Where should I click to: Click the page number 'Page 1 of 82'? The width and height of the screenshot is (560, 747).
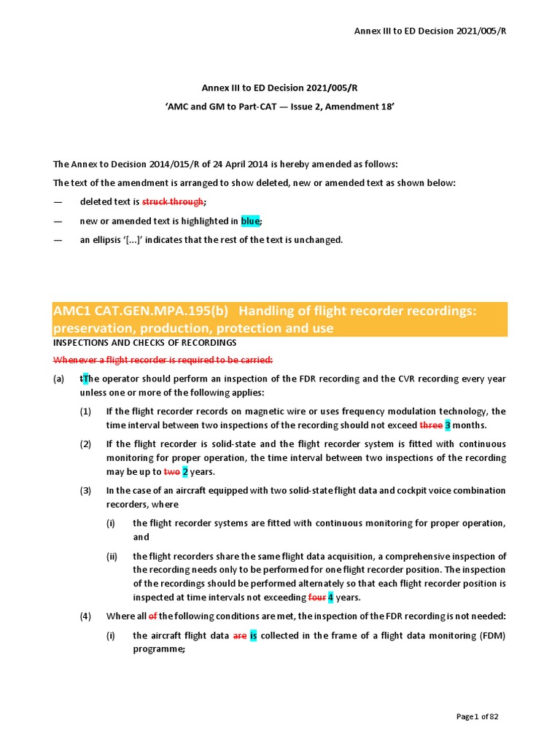pyautogui.click(x=478, y=716)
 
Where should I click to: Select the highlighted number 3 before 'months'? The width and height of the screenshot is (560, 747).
pyautogui.click(x=448, y=425)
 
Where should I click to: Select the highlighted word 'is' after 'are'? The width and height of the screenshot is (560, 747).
pyautogui.click(x=254, y=635)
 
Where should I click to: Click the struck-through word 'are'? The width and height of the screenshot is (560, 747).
pyautogui.click(x=240, y=635)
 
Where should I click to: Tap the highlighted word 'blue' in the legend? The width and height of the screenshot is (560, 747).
pyautogui.click(x=250, y=220)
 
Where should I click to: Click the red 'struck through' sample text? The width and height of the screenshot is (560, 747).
pyautogui.click(x=172, y=201)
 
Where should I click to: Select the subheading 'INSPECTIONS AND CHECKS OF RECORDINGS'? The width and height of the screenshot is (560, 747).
pyautogui.click(x=145, y=342)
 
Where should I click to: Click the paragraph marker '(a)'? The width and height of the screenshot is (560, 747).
pyautogui.click(x=58, y=379)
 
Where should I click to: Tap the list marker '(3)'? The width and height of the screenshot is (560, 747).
pyautogui.click(x=86, y=490)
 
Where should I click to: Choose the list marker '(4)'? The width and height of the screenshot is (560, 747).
pyautogui.click(x=86, y=616)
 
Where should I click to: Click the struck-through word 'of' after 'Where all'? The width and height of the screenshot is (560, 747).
pyautogui.click(x=153, y=616)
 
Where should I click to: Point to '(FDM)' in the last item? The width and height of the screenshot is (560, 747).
pyautogui.click(x=490, y=635)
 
